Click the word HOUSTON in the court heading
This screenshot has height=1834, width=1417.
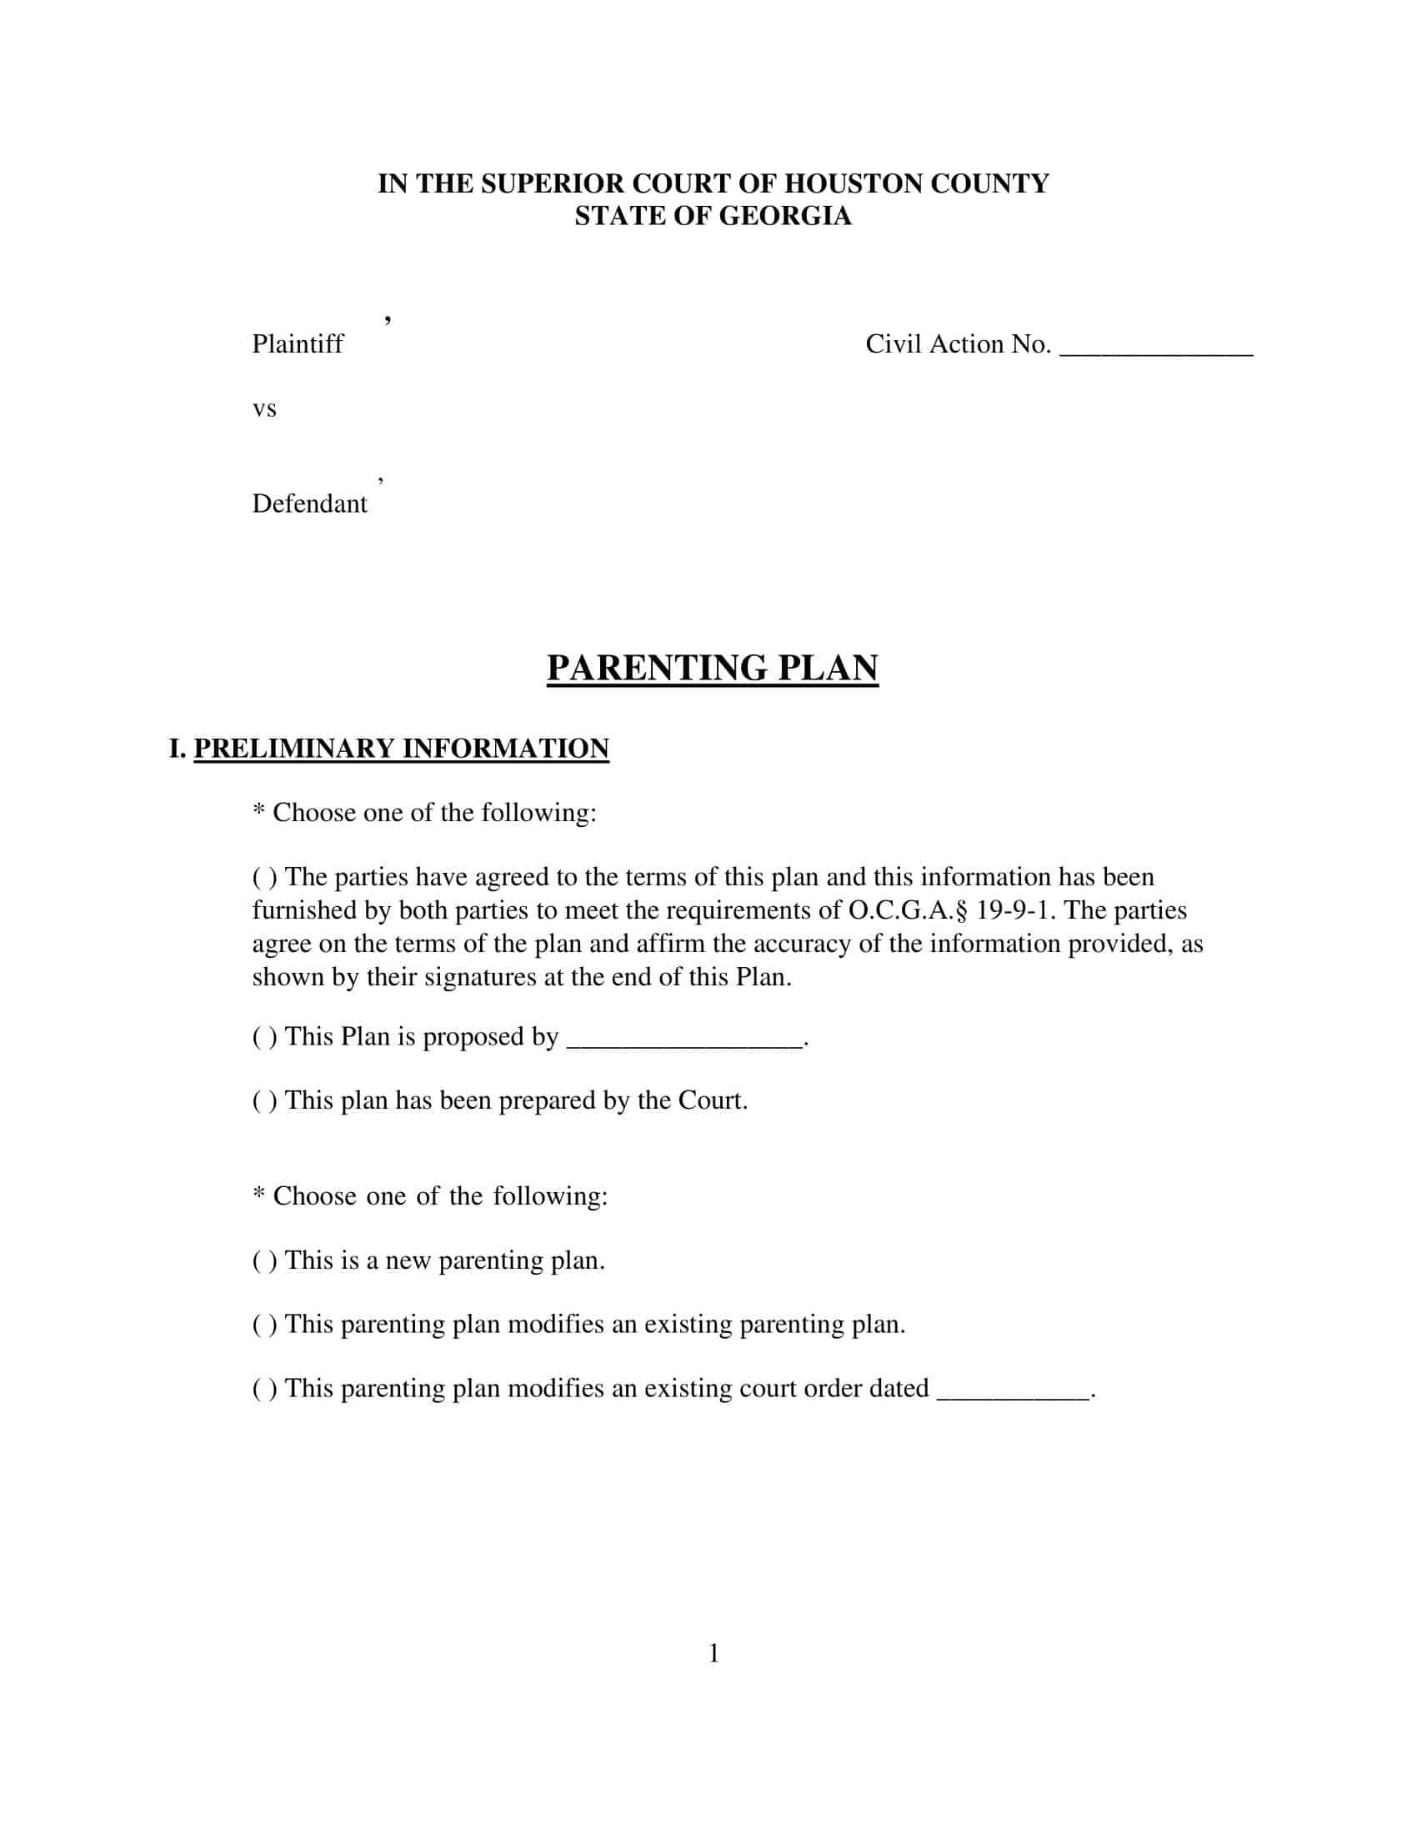[x=843, y=184]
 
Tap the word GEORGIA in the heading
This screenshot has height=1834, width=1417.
[x=785, y=216]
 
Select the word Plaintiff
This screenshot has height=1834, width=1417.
[x=298, y=343]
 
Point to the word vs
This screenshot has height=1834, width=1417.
[x=264, y=409]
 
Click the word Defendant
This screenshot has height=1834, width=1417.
[x=309, y=503]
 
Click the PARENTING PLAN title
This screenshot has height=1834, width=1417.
[x=712, y=669]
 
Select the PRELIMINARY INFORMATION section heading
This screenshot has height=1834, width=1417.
[x=400, y=749]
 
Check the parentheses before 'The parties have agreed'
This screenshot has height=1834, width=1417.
[x=264, y=878]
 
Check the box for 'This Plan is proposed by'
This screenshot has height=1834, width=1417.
[x=264, y=1037]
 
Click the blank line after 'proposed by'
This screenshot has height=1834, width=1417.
[x=685, y=1042]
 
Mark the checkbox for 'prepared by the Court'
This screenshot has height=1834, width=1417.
[x=264, y=1101]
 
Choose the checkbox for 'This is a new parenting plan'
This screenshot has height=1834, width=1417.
[x=264, y=1261]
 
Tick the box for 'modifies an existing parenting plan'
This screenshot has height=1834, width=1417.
[x=264, y=1325]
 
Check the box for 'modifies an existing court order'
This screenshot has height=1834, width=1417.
[x=264, y=1389]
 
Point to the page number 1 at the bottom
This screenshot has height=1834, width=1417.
[x=714, y=1653]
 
